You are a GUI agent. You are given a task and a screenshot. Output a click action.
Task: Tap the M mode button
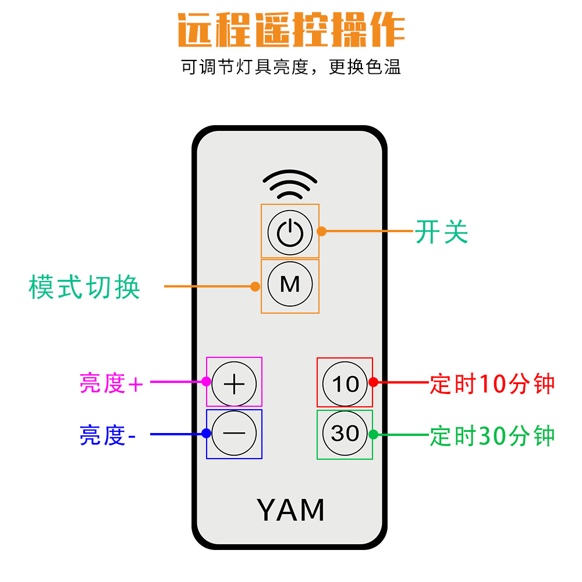click(290, 284)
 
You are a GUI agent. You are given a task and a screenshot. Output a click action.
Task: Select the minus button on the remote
click(234, 434)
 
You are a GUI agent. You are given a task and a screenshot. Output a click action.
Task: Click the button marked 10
click(345, 383)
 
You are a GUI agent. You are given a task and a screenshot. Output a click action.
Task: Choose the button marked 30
click(345, 434)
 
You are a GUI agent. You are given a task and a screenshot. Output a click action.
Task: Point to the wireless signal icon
click(290, 186)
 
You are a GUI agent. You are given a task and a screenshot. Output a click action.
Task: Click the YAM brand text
click(290, 510)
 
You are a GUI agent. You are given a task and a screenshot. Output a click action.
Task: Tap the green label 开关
click(441, 231)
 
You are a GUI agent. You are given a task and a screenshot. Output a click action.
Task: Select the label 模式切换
click(84, 286)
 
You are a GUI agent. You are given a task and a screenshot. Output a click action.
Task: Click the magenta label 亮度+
click(111, 383)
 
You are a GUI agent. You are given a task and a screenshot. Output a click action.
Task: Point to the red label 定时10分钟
click(492, 384)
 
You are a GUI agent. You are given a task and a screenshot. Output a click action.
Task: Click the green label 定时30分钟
click(492, 435)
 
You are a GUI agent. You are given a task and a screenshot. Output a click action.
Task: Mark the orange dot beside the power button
click(322, 231)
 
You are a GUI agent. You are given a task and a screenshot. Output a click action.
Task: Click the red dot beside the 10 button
click(374, 382)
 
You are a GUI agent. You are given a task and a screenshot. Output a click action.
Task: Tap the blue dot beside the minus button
click(206, 434)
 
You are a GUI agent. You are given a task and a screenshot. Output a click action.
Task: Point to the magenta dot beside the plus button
click(206, 382)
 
